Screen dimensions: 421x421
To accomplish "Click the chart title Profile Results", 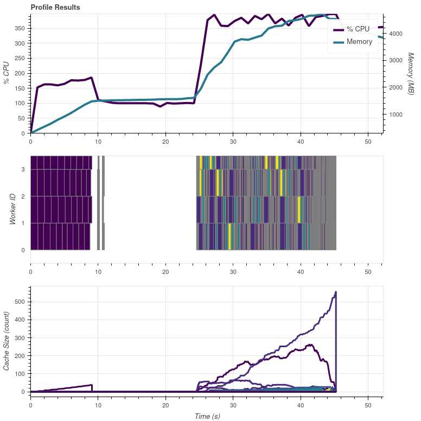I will (55, 8).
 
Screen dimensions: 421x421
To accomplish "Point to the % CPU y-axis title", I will (7, 73).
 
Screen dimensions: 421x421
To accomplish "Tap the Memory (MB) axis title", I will (411, 74).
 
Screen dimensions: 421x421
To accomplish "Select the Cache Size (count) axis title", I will (7, 341).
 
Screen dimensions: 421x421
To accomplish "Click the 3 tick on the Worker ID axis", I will (22, 170).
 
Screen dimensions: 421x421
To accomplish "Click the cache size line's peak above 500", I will (336, 292).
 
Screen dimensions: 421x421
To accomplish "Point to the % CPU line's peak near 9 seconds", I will (91, 78).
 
